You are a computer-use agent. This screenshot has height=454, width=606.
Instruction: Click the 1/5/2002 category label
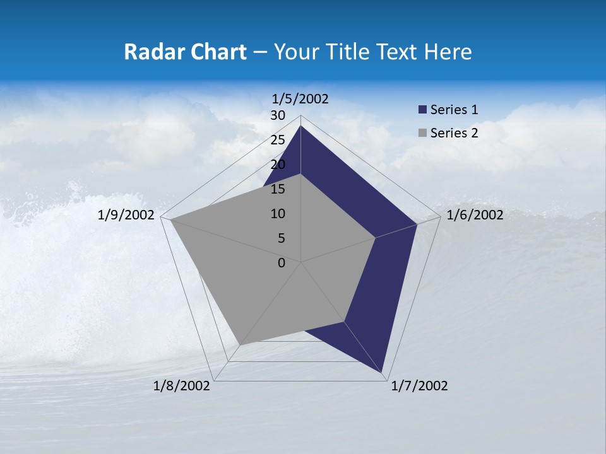click(300, 98)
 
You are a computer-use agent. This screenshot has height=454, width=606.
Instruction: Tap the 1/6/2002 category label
click(475, 215)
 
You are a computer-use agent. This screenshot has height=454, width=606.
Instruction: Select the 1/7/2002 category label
click(419, 386)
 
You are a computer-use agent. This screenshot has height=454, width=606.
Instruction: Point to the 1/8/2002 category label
click(182, 386)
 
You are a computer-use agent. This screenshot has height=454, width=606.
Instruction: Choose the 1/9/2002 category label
click(126, 215)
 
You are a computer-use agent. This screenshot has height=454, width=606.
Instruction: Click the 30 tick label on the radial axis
click(278, 115)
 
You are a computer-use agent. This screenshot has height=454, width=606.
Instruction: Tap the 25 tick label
click(278, 140)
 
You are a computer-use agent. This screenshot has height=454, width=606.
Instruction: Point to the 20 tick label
click(278, 165)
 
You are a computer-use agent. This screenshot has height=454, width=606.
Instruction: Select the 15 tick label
click(278, 189)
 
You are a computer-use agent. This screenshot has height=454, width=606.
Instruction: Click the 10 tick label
click(278, 214)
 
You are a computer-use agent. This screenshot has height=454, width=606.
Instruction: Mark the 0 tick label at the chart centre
click(282, 263)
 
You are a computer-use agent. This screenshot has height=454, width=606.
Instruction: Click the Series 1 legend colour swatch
click(422, 110)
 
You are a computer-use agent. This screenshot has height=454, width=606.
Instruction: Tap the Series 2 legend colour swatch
click(422, 133)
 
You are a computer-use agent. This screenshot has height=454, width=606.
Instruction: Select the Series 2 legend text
click(454, 133)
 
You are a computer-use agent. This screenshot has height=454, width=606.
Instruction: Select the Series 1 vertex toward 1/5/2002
click(301, 126)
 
